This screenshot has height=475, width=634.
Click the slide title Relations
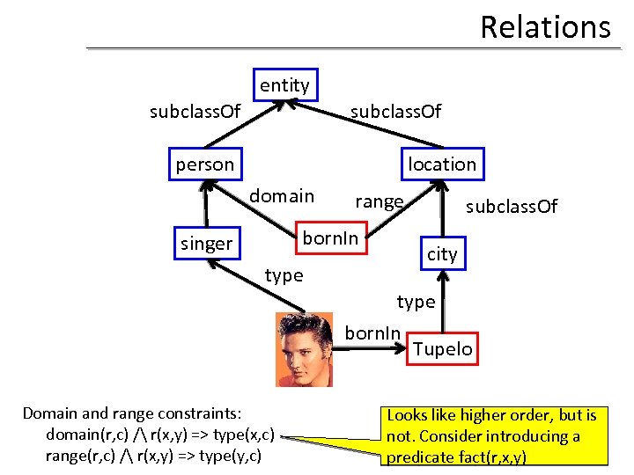pyautogui.click(x=544, y=27)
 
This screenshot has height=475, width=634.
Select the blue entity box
pyautogui.click(x=284, y=85)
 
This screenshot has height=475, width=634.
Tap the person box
pyautogui.click(x=205, y=164)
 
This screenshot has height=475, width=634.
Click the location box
pyautogui.click(x=441, y=164)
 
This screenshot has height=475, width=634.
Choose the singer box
pyautogui.click(x=206, y=244)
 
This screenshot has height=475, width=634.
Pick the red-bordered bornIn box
pyautogui.click(x=330, y=238)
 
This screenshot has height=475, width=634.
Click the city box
pyautogui.click(x=442, y=254)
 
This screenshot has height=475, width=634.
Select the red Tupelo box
pyautogui.click(x=442, y=349)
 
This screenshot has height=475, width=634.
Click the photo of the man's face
pyautogui.click(x=304, y=349)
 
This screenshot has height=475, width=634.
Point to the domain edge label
pyautogui.click(x=281, y=196)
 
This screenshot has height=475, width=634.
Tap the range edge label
pyautogui.click(x=379, y=201)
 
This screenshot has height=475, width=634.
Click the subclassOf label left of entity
pyautogui.click(x=195, y=112)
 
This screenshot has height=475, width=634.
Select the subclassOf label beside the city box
pyautogui.click(x=512, y=207)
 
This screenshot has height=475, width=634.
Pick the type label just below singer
pyautogui.click(x=284, y=275)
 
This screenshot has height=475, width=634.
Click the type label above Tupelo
pyautogui.click(x=416, y=302)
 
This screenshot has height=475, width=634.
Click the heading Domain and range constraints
pyautogui.click(x=132, y=413)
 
